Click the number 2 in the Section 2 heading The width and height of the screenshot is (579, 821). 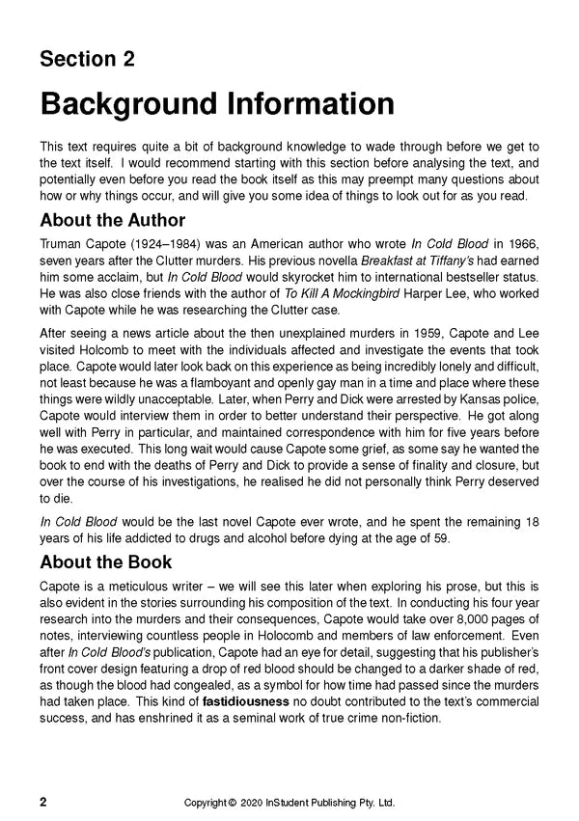[x=126, y=60]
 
